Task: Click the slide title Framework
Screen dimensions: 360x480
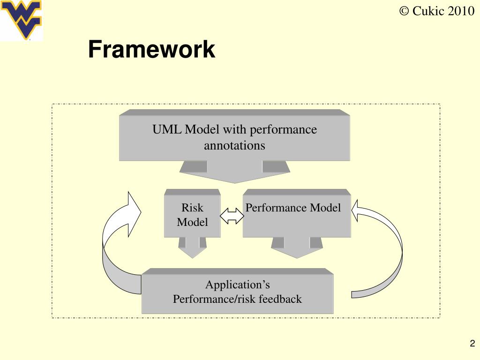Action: pyautogui.click(x=151, y=50)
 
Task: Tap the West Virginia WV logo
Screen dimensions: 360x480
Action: pyautogui.click(x=22, y=20)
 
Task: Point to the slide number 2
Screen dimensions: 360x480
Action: pyautogui.click(x=472, y=344)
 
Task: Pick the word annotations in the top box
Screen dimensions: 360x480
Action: pyautogui.click(x=234, y=145)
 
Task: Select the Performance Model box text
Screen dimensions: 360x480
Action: pyautogui.click(x=293, y=208)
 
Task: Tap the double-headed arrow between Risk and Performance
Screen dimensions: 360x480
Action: pyautogui.click(x=232, y=215)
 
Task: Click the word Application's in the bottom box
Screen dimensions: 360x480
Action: pyautogui.click(x=237, y=285)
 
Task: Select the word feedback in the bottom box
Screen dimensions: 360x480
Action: pyautogui.click(x=279, y=299)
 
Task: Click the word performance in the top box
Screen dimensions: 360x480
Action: pyautogui.click(x=283, y=129)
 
